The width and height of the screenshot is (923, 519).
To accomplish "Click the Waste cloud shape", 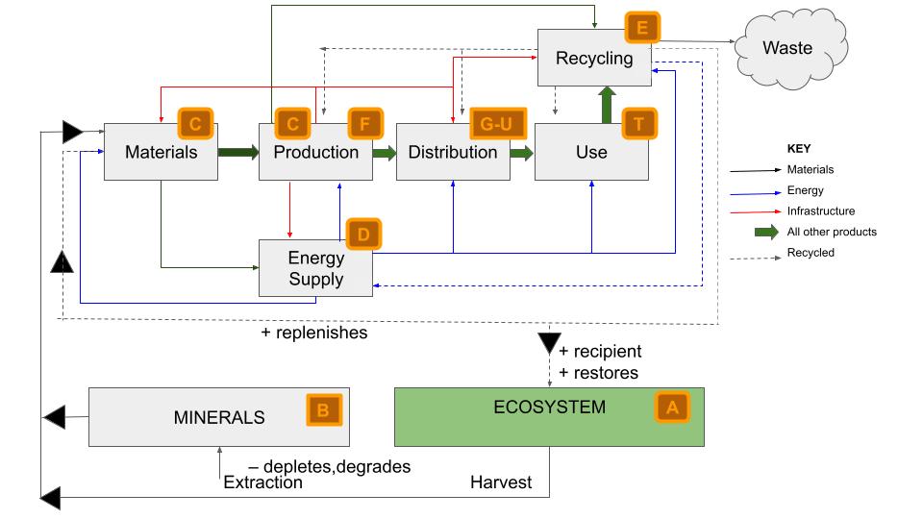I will (x=787, y=48).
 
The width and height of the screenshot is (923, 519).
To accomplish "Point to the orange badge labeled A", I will (x=672, y=407).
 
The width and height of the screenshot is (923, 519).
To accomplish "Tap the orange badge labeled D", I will (x=362, y=235).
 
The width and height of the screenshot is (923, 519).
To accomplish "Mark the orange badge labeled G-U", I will (x=493, y=124).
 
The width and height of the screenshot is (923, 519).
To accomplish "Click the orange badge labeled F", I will (x=364, y=124).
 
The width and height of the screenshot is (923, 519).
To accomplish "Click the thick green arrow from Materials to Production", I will (x=238, y=152).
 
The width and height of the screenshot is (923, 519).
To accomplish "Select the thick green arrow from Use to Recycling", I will (x=606, y=106).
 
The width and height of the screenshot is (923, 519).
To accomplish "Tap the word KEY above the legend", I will (x=799, y=149).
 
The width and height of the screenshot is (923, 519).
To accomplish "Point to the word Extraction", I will (x=262, y=482).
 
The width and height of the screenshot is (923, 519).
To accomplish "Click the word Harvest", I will (x=500, y=482).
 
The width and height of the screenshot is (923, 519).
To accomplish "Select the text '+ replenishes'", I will (x=313, y=334).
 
